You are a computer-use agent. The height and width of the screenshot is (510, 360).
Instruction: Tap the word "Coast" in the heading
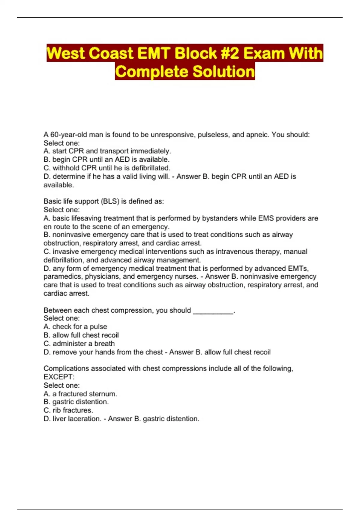point(111,53)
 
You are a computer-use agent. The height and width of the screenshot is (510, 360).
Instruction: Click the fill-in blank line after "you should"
point(213,311)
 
